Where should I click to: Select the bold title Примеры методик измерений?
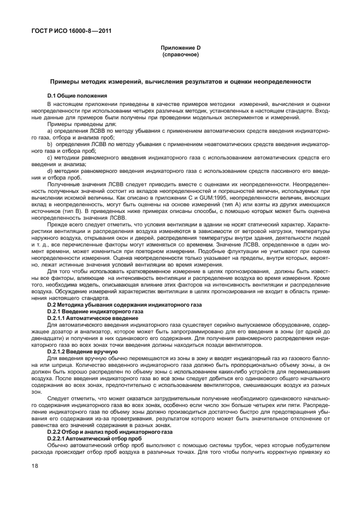[x=180, y=81]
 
